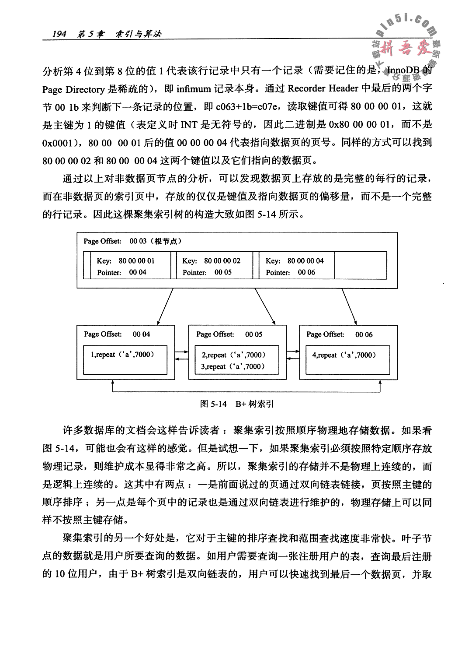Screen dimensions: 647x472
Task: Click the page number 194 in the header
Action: point(59,34)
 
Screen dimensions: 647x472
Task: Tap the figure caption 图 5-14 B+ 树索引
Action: point(236,404)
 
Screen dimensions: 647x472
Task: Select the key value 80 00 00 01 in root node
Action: point(136,261)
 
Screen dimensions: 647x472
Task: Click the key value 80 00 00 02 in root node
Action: point(222,261)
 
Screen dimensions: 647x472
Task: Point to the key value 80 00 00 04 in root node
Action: point(305,261)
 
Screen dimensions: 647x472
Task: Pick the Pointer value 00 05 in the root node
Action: point(223,272)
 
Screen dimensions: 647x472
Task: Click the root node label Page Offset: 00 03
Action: point(132,241)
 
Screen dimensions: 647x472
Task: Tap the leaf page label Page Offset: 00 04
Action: point(117,334)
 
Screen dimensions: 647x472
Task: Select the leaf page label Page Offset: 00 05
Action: point(229,334)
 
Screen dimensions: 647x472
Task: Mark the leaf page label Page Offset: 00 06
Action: point(339,334)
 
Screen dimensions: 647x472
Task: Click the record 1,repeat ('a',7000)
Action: point(122,355)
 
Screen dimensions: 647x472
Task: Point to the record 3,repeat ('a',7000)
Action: point(233,367)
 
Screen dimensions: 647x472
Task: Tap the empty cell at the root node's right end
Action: point(361,265)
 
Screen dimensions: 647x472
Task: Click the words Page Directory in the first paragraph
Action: point(73,89)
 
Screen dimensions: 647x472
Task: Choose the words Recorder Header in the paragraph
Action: point(323,89)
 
